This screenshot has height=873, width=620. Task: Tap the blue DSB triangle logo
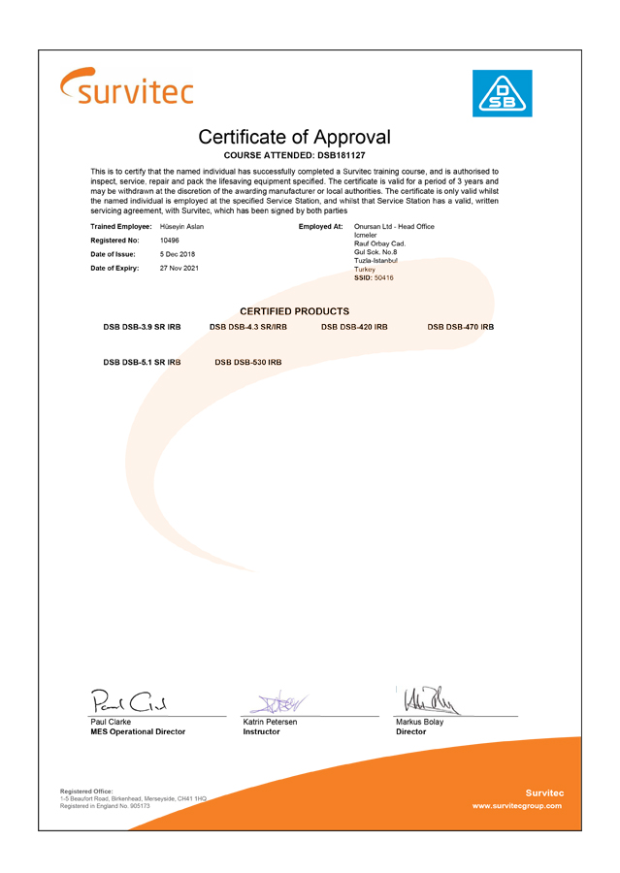tap(502, 93)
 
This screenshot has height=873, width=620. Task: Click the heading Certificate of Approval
tap(294, 137)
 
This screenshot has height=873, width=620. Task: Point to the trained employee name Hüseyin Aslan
tap(181, 226)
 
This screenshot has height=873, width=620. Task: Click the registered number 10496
tap(169, 240)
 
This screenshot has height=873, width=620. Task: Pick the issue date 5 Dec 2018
tap(178, 253)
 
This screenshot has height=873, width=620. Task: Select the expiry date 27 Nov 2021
tap(179, 268)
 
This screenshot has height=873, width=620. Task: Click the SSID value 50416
tap(383, 277)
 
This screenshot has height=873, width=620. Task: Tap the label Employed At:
tap(321, 226)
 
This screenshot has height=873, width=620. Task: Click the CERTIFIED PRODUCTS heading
tap(294, 310)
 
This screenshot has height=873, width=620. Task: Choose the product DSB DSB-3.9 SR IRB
tap(142, 327)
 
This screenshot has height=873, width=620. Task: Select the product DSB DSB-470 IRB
tap(460, 327)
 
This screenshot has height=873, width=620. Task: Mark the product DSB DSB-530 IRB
tap(247, 362)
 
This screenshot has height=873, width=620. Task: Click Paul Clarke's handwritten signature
tap(130, 700)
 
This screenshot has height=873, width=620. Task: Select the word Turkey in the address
tap(364, 269)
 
